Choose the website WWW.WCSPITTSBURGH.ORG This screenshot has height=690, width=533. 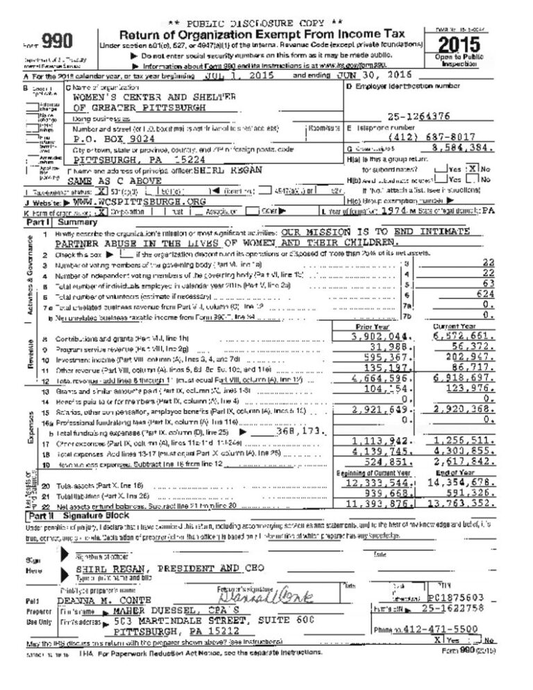click(x=130, y=202)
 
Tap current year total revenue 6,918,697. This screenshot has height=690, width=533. click(x=464, y=380)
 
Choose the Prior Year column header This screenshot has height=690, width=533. click(x=373, y=326)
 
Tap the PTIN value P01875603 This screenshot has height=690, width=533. click(x=459, y=597)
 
